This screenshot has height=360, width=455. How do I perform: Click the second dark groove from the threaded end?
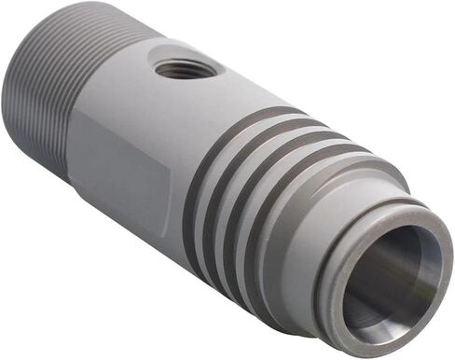point(224,183)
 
